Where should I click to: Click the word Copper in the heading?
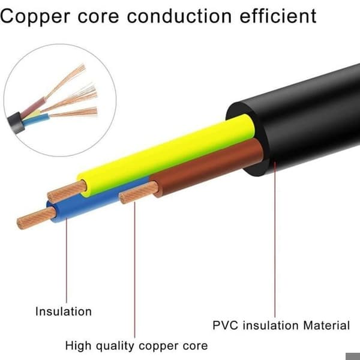pyautogui.click(x=35, y=17)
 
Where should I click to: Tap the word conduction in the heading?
pyautogui.click(x=179, y=16)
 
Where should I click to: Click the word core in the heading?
pyautogui.click(x=98, y=18)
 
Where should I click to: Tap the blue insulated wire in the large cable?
pyautogui.click(x=97, y=200)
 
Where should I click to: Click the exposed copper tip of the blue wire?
pyautogui.click(x=36, y=218)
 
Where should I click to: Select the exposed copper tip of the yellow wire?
pyautogui.click(x=67, y=191)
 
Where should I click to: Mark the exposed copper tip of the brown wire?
pyautogui.click(x=139, y=193)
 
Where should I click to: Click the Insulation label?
pyautogui.click(x=64, y=311)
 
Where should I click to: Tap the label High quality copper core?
pyautogui.click(x=136, y=346)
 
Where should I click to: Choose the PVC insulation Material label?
pyautogui.click(x=281, y=325)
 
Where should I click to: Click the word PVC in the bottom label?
pyautogui.click(x=225, y=325)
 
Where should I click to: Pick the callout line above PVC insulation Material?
pyautogui.click(x=275, y=239)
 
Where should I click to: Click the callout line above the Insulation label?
pyautogui.click(x=67, y=260)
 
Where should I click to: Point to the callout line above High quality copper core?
pyautogui.click(x=134, y=270)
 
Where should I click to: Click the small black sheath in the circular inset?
pyautogui.click(x=16, y=123)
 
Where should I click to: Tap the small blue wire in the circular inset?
pyautogui.click(x=36, y=120)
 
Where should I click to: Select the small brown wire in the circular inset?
pyautogui.click(x=33, y=107)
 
